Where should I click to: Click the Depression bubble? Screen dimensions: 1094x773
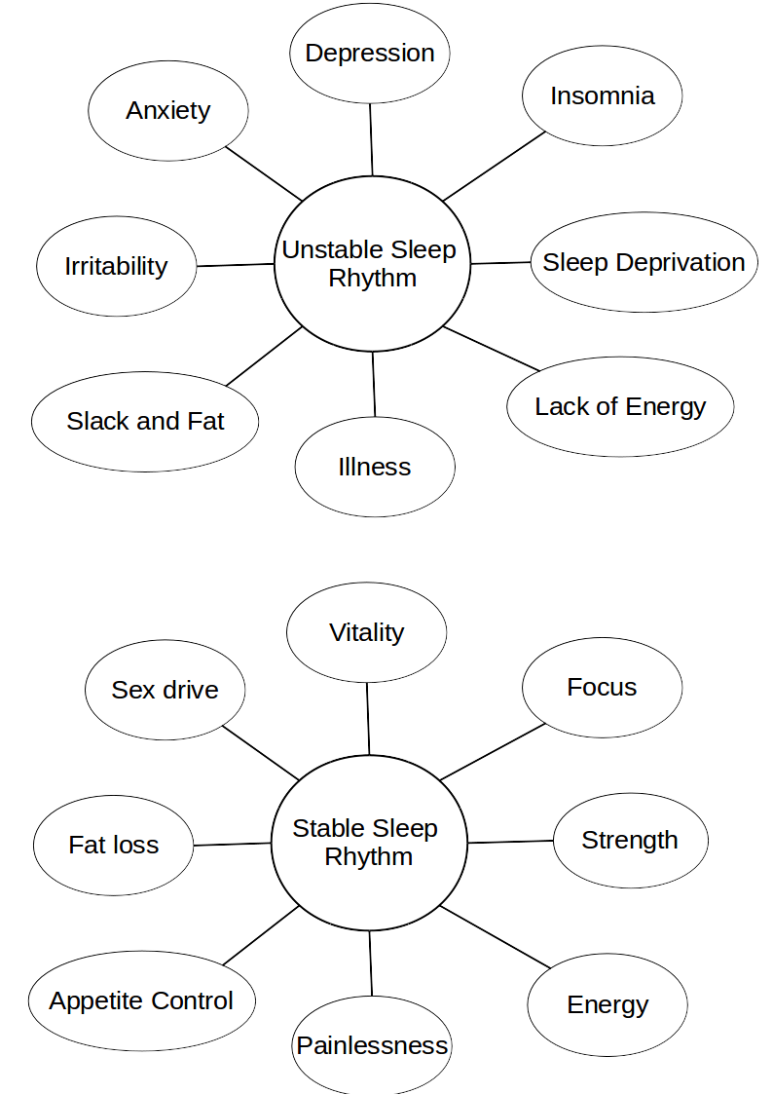(370, 54)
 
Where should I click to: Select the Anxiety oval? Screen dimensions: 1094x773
(168, 111)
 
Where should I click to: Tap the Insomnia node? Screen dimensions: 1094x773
(603, 96)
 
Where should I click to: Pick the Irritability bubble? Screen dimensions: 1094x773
(117, 266)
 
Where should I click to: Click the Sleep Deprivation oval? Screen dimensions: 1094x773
(644, 262)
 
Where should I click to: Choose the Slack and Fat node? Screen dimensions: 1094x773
(145, 422)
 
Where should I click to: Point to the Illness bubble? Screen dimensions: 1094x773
(375, 467)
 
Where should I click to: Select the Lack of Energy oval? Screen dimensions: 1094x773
(620, 406)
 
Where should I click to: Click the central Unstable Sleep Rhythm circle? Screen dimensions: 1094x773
(372, 264)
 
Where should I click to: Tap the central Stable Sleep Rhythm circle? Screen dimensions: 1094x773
(369, 843)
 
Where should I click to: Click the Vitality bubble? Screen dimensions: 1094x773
(367, 632)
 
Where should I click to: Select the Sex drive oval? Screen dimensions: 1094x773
(166, 690)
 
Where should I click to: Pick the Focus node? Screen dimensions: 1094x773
(602, 687)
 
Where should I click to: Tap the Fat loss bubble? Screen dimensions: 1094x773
(114, 845)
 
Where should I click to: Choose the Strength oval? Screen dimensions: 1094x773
(630, 840)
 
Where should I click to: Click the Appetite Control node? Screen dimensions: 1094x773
(141, 1000)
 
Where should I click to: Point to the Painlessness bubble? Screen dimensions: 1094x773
(372, 1045)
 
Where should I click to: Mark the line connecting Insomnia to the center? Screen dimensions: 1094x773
(495, 166)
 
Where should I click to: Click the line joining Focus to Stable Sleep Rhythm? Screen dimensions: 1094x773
(492, 752)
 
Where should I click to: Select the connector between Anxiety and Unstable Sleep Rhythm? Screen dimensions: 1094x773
(264, 173)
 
